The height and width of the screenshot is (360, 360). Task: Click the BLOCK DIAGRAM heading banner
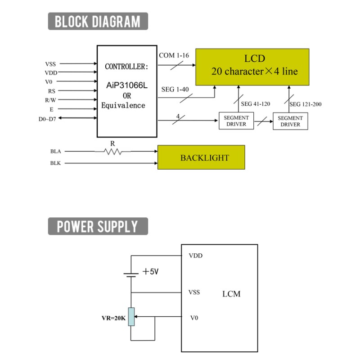[x=98, y=21]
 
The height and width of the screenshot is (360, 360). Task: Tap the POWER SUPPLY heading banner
[x=98, y=226]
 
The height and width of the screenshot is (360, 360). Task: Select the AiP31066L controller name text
[x=127, y=85]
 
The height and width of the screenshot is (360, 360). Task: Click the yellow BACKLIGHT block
[x=201, y=157]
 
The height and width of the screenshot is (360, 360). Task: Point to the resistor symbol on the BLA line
[x=112, y=152]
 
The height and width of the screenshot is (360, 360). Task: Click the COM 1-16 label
[x=174, y=55]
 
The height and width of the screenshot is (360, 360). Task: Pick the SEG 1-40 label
[x=175, y=89]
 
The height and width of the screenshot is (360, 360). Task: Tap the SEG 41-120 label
[x=255, y=104]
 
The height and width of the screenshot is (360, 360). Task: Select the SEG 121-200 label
[x=306, y=104]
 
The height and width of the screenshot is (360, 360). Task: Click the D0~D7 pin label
[x=47, y=119]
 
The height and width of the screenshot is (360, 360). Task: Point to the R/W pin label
[x=50, y=100]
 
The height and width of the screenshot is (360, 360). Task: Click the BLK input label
[x=55, y=163]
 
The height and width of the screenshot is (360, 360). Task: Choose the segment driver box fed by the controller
[x=236, y=121]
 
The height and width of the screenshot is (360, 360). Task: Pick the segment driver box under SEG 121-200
[x=290, y=121]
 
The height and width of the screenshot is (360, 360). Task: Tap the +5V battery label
[x=151, y=272]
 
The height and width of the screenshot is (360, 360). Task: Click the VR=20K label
[x=114, y=318]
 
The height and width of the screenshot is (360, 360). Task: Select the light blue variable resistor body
[x=131, y=317]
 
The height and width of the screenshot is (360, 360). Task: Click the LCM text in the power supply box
[x=231, y=294]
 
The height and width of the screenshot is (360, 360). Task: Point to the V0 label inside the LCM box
[x=194, y=318]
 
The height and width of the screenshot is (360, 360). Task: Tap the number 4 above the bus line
[x=178, y=116]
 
